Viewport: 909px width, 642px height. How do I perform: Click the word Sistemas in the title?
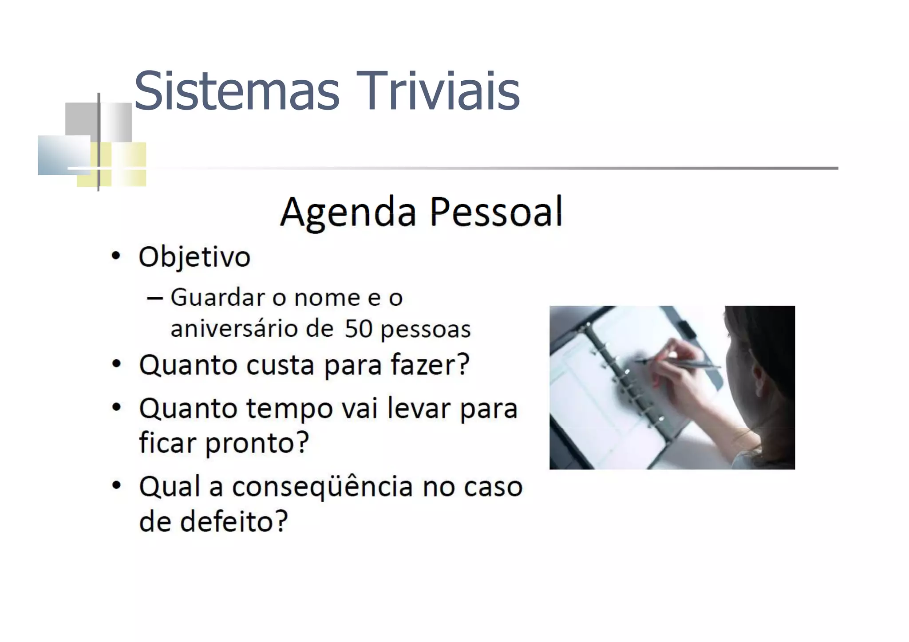pyautogui.click(x=237, y=91)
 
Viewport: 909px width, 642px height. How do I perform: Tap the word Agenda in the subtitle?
pyautogui.click(x=348, y=213)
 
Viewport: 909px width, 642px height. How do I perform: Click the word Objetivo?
pyautogui.click(x=194, y=257)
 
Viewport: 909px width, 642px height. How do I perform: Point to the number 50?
pyautogui.click(x=358, y=329)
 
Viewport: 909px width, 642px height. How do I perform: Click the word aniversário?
pyautogui.click(x=252, y=329)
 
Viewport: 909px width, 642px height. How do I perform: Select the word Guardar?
pyautogui.click(x=217, y=297)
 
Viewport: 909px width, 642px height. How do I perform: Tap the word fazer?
pyautogui.click(x=430, y=365)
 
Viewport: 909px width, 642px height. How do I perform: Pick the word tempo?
pyautogui.click(x=289, y=409)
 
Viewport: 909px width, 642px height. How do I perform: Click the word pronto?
pyautogui.click(x=257, y=443)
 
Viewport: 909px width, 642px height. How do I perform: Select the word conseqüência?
pyautogui.click(x=323, y=487)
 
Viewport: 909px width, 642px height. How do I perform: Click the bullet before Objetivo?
pyautogui.click(x=116, y=256)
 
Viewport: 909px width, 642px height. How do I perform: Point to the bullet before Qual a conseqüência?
pyautogui.click(x=116, y=485)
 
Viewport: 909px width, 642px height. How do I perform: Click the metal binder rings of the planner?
pyautogui.click(x=621, y=377)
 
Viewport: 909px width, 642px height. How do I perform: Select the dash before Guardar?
pyautogui.click(x=154, y=298)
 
